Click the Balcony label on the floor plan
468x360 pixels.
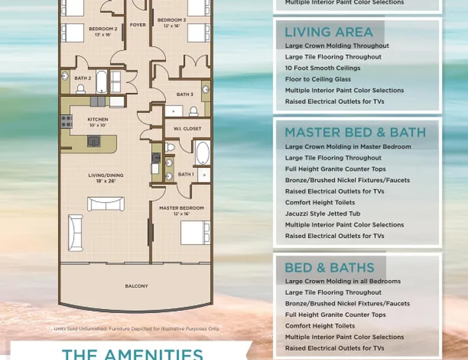(137, 286)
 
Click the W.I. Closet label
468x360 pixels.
(188, 129)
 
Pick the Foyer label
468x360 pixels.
(138, 25)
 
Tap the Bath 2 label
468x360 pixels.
(82, 78)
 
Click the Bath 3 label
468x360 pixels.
(185, 94)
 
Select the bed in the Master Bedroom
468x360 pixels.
(195, 233)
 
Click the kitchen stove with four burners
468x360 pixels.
(66, 121)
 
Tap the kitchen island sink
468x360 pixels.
(94, 141)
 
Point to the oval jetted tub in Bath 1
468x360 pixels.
(203, 153)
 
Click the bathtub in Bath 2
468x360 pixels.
(102, 82)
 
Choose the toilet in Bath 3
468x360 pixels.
(194, 111)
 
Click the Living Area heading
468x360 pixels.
(329, 32)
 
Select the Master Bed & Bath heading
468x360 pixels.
(356, 132)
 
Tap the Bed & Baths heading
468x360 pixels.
(330, 268)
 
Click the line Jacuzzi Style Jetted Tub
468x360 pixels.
(322, 213)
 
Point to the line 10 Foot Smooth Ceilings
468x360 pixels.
(322, 68)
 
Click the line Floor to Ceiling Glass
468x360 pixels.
(318, 79)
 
